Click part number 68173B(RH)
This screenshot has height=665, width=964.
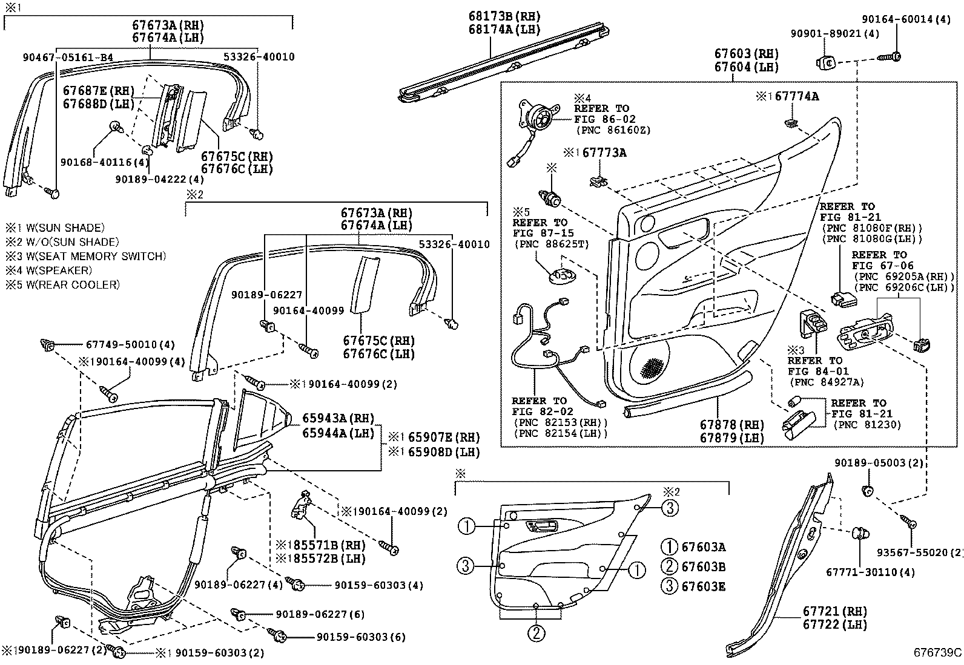pos(504,16)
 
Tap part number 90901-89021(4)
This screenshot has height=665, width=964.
pos(834,34)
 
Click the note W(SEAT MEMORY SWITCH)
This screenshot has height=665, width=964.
pos(85,256)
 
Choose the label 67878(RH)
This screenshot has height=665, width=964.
pos(731,425)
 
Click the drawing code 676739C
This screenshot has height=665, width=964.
pos(937,652)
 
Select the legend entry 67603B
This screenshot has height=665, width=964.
pos(702,567)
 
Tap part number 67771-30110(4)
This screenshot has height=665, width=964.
pos(870,572)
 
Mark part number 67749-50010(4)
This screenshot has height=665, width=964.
pos(130,345)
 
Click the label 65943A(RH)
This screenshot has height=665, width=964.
pos(338,419)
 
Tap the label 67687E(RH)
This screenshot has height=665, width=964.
pos(99,91)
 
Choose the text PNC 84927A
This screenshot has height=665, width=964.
pos(825,382)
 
